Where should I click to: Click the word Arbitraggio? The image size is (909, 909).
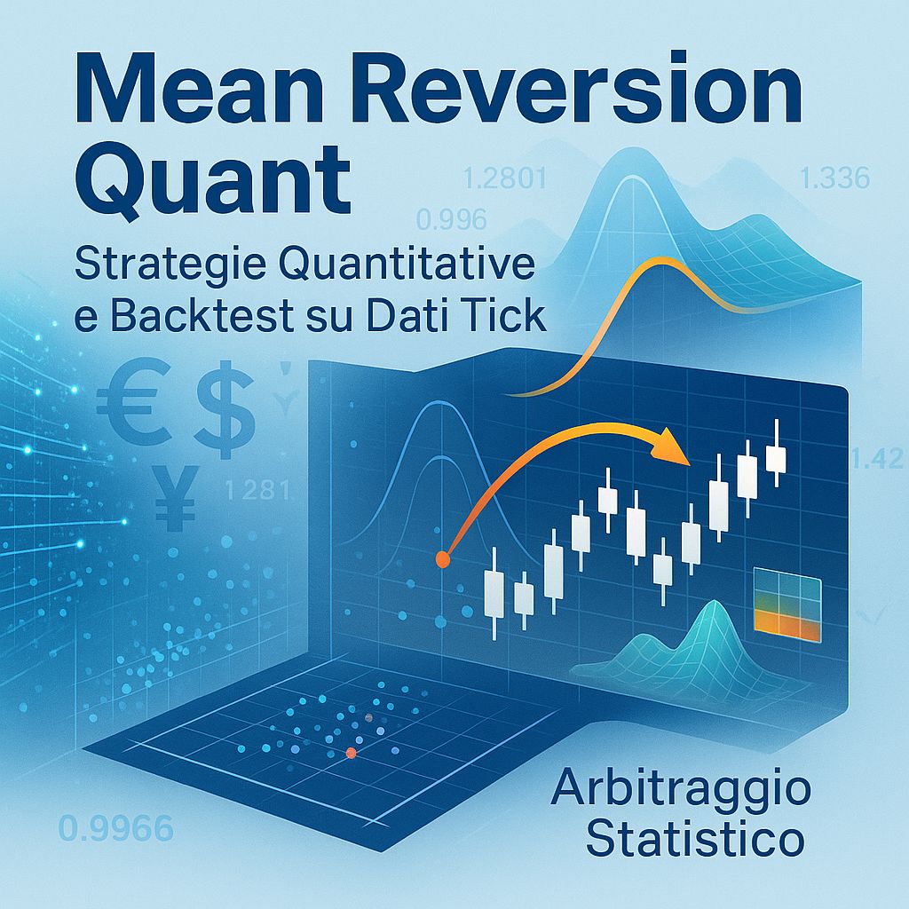click(680, 791)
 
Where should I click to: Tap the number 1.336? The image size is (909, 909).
click(834, 179)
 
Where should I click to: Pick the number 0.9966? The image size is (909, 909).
click(115, 830)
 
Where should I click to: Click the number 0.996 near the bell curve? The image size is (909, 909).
click(452, 218)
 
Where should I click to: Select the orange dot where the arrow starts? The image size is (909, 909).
click(442, 559)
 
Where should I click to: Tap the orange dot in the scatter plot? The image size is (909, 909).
click(351, 753)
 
